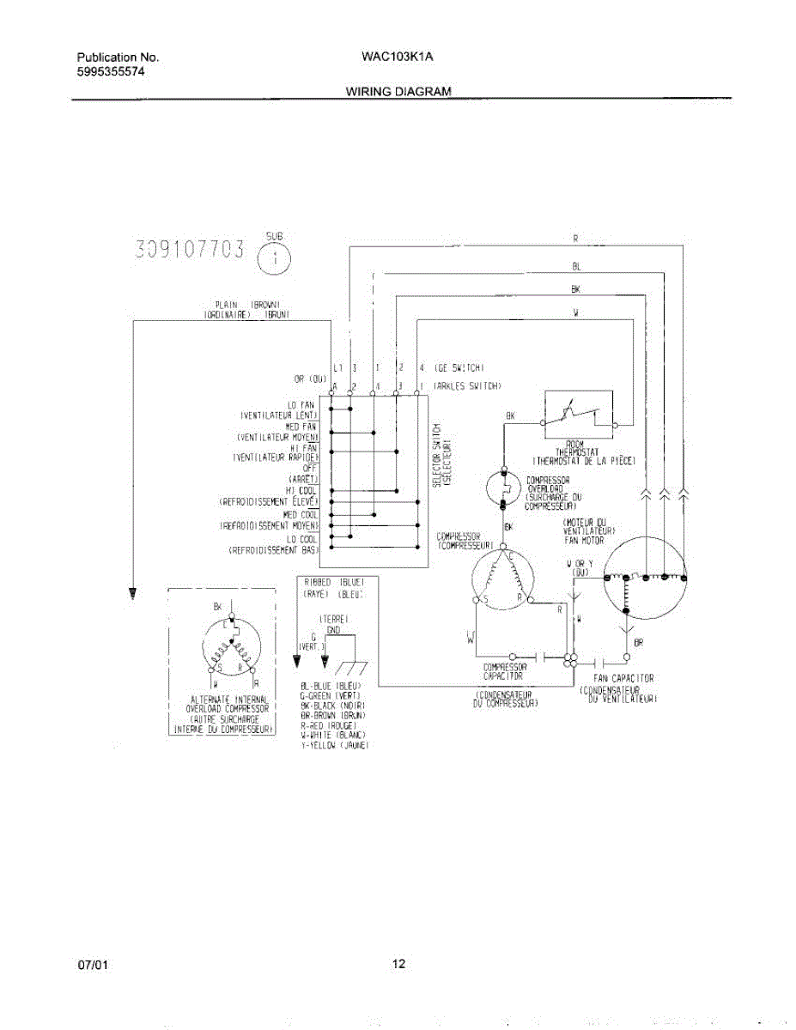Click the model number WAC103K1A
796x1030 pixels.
(x=398, y=58)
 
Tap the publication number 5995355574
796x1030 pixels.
(x=111, y=72)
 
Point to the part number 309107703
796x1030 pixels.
(x=190, y=250)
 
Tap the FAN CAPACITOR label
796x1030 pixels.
(x=623, y=678)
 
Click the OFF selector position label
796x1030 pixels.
(x=311, y=468)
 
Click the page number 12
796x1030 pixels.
(x=398, y=963)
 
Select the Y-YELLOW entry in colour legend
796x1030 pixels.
(x=334, y=746)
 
